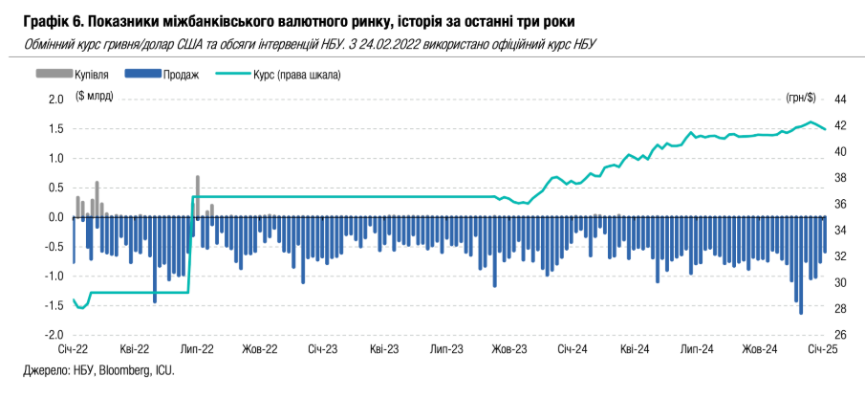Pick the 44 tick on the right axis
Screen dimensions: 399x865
click(842, 99)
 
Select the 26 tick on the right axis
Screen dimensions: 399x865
click(842, 335)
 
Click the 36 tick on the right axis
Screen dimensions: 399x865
click(842, 204)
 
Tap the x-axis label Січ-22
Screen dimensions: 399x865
click(74, 351)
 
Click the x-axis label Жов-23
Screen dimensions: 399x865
click(510, 351)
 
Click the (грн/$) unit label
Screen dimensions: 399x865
click(801, 99)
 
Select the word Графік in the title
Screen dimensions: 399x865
click(42, 20)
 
